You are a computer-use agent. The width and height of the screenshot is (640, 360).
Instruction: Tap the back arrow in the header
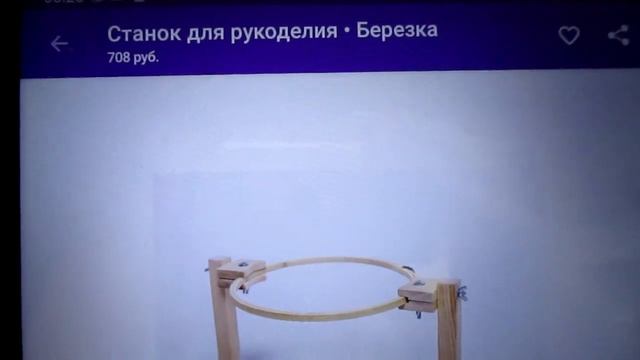click(60, 43)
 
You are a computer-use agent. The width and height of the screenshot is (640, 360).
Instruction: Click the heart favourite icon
click(568, 36)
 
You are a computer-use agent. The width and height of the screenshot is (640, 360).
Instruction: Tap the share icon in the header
click(618, 36)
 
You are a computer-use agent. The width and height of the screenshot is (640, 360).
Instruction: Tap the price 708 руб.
click(133, 57)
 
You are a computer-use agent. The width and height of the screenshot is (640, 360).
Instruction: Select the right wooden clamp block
click(424, 293)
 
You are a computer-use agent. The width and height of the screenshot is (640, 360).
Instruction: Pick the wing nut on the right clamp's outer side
click(462, 293)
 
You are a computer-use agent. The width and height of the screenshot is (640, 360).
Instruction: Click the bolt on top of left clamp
click(245, 264)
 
